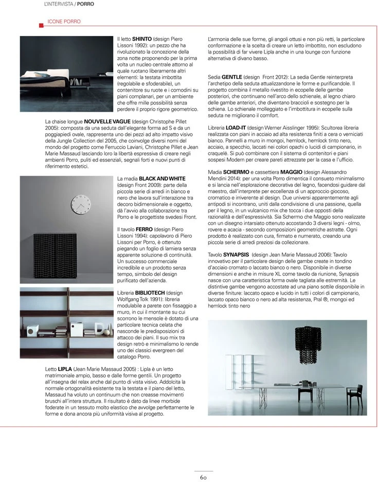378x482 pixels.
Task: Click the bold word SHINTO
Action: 142,39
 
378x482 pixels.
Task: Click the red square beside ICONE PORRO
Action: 41,22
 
